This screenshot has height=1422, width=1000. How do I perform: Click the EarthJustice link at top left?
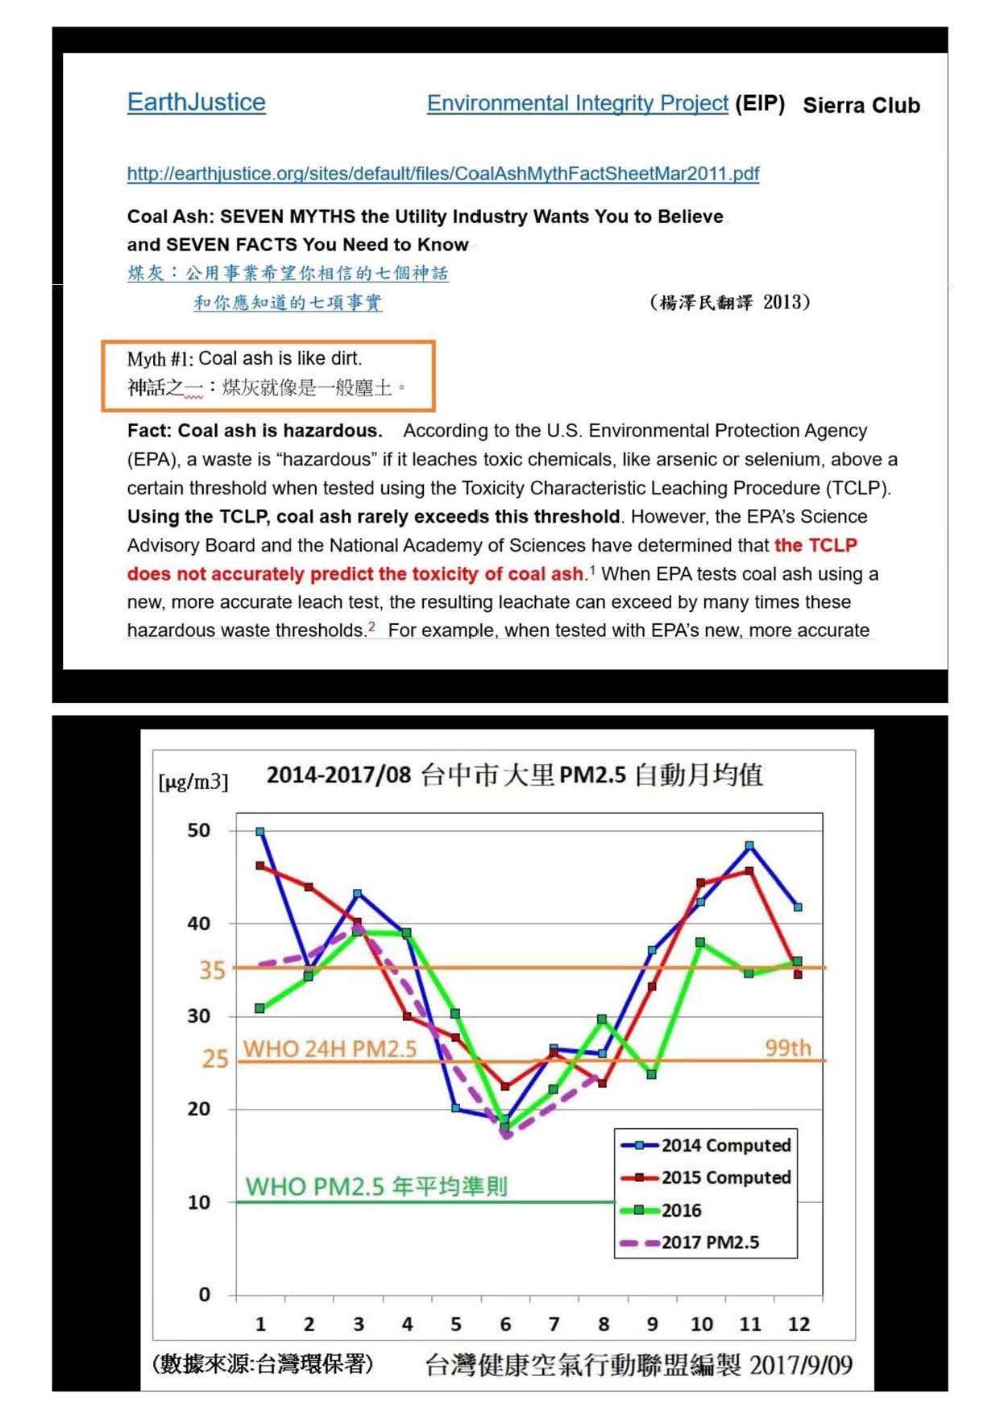point(196,102)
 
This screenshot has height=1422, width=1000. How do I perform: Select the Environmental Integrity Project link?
point(577,103)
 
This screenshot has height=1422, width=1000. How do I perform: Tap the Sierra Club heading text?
point(861,105)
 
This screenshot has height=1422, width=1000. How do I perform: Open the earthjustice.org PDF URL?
point(442,173)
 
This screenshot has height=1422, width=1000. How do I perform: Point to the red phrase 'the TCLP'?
point(815,545)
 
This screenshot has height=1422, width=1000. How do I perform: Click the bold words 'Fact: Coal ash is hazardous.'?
point(255,431)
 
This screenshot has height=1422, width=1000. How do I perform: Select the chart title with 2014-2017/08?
point(514,775)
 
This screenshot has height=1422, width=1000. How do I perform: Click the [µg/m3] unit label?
point(193,781)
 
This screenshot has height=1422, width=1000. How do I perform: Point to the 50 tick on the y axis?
point(198,830)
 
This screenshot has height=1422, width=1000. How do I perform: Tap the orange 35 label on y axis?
point(212,969)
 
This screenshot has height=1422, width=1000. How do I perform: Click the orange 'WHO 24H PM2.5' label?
point(330,1048)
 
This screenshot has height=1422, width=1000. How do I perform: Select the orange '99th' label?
point(787,1048)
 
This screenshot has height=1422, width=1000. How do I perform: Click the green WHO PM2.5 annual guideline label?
point(376,1186)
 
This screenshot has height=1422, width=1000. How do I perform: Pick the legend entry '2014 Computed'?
point(725,1145)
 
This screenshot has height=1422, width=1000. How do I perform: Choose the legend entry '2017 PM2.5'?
point(709,1242)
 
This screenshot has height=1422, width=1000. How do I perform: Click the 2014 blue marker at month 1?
point(260,832)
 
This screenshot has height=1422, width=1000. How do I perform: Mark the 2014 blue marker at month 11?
point(749,845)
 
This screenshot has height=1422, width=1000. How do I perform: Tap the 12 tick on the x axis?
point(799,1324)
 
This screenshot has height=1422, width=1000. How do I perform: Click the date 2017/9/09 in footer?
point(800,1365)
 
